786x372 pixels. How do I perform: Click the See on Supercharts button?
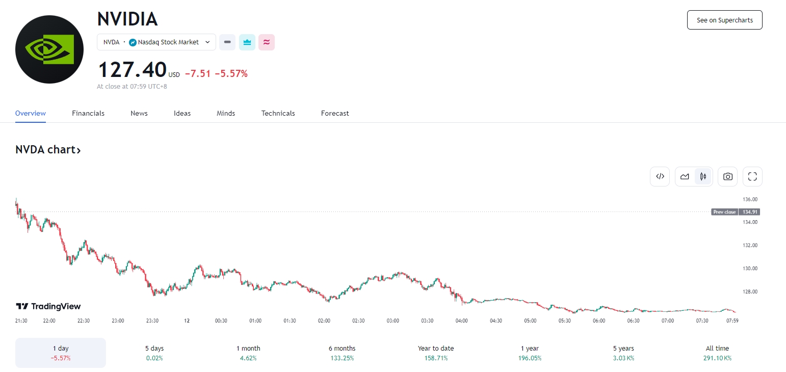coord(724,20)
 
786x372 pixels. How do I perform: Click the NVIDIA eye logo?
coord(49,49)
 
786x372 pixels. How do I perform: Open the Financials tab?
coord(88,113)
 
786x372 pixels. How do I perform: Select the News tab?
coord(139,113)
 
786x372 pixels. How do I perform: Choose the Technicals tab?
coord(278,113)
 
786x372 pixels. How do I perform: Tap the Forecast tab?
coord(335,113)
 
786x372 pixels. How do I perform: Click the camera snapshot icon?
coord(728,177)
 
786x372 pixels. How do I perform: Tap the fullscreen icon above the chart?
coord(752,177)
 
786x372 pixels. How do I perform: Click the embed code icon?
coord(660,177)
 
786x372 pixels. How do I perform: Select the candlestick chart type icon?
coord(703,177)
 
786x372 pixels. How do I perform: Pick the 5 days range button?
coord(154,353)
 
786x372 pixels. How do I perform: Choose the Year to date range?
coord(436,353)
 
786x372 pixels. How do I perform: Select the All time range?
coord(717,353)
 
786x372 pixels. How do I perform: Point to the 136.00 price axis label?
coord(750,199)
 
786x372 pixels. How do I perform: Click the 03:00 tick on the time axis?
coord(392,321)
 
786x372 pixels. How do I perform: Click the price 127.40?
coord(132,69)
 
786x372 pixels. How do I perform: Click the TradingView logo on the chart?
coord(48,306)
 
